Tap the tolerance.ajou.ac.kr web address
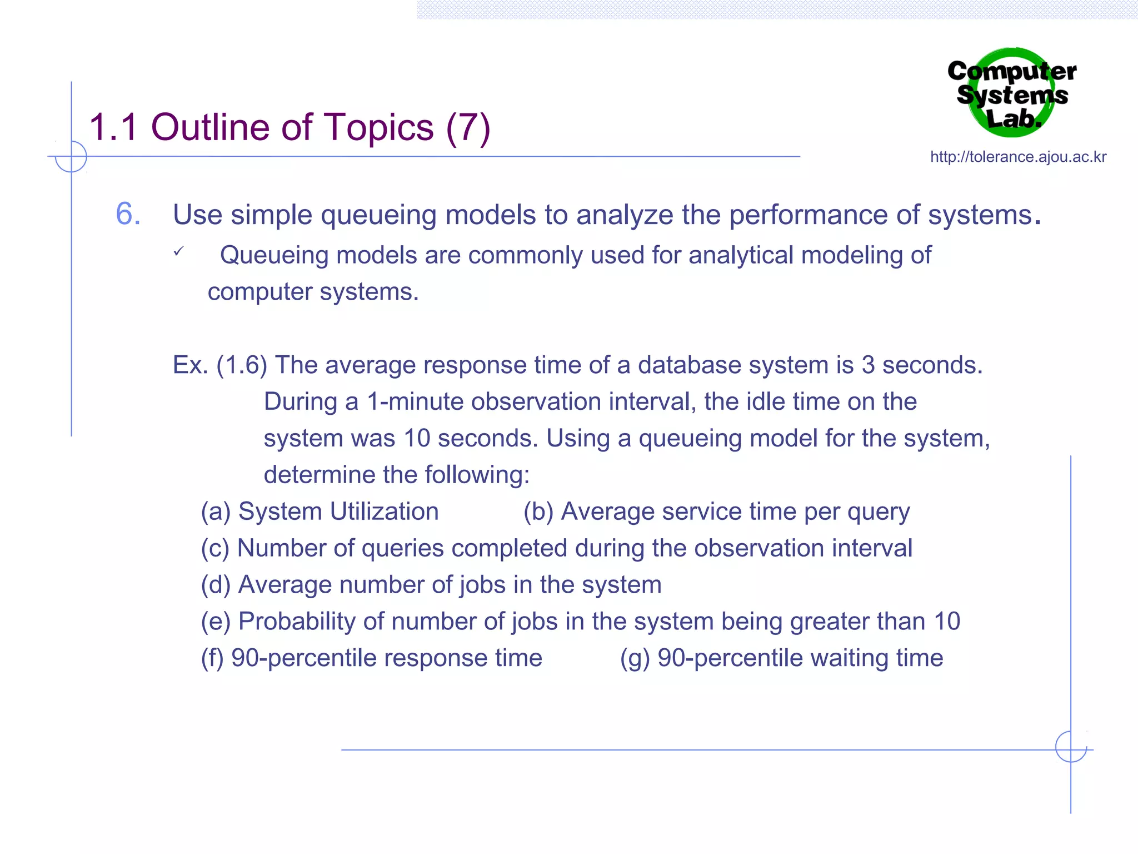coord(1018,157)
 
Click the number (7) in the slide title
coord(468,128)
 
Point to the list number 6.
coord(128,214)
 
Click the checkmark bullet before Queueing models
coord(178,252)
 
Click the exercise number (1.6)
coord(242,365)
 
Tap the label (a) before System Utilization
coord(216,512)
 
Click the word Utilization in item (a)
coord(385,512)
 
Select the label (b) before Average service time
coord(538,512)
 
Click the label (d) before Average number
coord(216,585)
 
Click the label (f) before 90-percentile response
coord(212,658)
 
